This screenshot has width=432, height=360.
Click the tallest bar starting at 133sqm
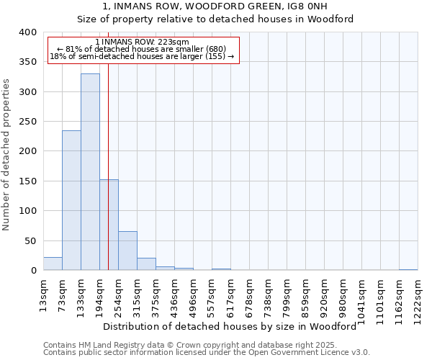90,172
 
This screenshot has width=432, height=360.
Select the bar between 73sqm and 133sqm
71,201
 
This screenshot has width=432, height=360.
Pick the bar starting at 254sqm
127,251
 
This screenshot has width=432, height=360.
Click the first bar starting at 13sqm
53,264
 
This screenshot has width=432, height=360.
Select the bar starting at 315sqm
146,264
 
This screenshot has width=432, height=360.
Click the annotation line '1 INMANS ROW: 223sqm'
142,42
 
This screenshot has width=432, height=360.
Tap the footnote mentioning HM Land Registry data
206,345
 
